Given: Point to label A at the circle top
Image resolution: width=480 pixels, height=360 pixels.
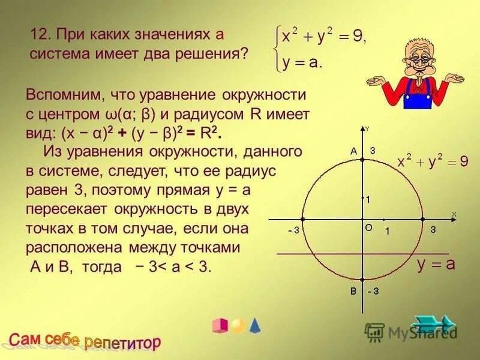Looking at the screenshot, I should pyautogui.click(x=354, y=152).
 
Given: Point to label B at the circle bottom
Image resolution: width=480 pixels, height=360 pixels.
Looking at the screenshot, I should pyautogui.click(x=354, y=292).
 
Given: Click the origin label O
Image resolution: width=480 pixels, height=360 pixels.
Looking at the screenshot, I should pyautogui.click(x=369, y=227).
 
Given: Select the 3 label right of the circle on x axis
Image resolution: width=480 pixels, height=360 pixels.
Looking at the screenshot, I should pyautogui.click(x=433, y=229).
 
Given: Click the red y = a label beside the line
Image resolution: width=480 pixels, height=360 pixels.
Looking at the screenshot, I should pyautogui.click(x=436, y=264).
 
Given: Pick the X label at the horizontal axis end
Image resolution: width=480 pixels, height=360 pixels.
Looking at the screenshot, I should pyautogui.click(x=454, y=214).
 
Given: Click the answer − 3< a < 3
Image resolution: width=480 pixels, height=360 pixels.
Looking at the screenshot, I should pyautogui.click(x=174, y=266).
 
